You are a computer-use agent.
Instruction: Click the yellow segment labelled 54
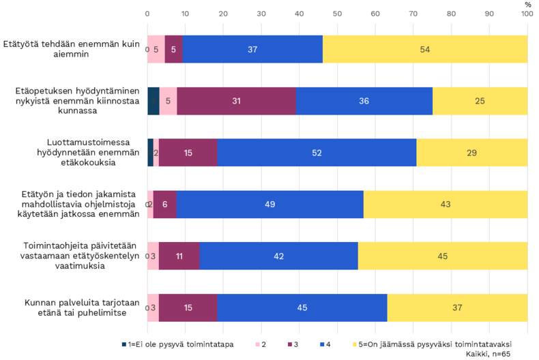[425, 49]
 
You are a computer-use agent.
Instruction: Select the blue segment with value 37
[252, 49]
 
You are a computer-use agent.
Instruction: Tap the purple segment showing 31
[236, 101]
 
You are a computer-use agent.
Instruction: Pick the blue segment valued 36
[364, 101]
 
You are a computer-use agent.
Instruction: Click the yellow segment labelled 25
[480, 101]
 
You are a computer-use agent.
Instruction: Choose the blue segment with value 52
[317, 153]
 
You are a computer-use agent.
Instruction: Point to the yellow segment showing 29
[472, 153]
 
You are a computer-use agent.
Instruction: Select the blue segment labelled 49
[270, 204]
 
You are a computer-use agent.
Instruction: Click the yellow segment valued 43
[446, 204]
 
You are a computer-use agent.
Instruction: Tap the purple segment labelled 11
[179, 256]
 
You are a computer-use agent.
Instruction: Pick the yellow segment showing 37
[457, 307]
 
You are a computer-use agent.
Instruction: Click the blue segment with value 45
[302, 307]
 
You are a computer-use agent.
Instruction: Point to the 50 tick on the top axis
[337, 12]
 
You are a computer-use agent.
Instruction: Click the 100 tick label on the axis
[527, 12]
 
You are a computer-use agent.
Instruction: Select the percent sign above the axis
[527, 4]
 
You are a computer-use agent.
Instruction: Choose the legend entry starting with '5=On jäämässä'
[433, 344]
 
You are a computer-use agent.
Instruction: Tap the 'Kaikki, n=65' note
[488, 354]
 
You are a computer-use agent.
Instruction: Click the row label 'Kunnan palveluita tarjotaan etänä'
[75, 307]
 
